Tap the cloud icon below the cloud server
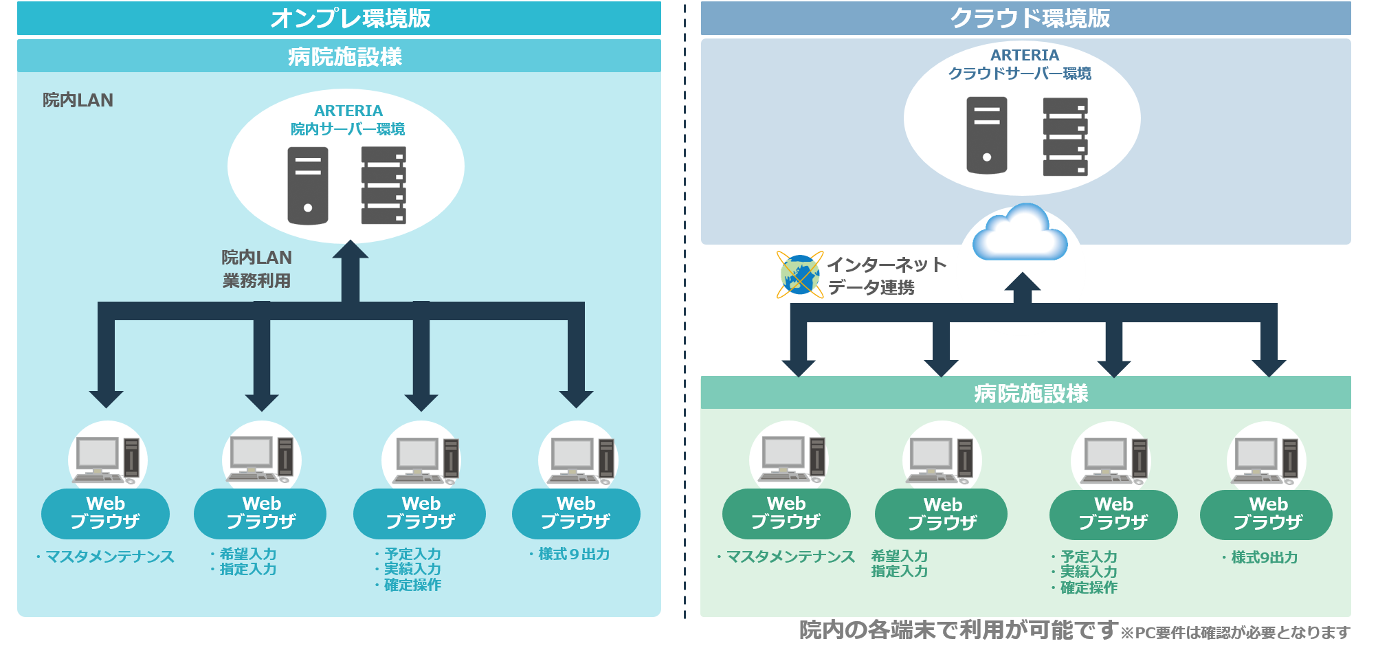(x=1021, y=234)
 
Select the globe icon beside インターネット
(x=799, y=275)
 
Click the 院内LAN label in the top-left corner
(x=78, y=100)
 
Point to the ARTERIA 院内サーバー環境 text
(x=348, y=120)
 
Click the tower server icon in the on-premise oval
(x=307, y=186)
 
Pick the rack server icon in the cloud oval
(x=1065, y=137)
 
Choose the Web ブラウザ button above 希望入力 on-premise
(x=260, y=513)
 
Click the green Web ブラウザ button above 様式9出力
(x=1266, y=514)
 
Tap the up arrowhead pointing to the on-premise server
(x=351, y=251)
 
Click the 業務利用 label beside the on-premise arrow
(x=256, y=280)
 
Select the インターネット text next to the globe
(x=887, y=265)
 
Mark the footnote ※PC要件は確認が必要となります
(x=1235, y=632)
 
